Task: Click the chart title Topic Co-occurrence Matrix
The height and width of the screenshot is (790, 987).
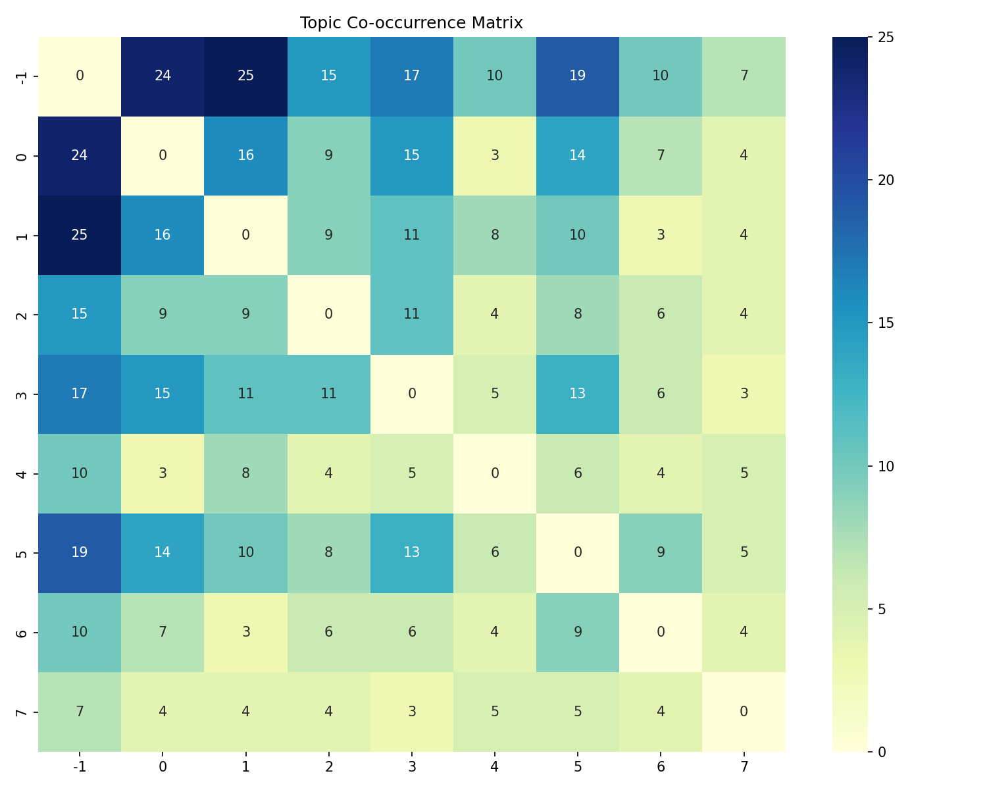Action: point(411,23)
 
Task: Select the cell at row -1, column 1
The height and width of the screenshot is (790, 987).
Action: point(245,76)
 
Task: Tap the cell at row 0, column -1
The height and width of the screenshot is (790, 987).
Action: point(80,156)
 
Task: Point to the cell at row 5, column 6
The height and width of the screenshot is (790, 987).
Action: point(661,553)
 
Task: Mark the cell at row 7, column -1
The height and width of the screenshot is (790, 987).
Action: point(80,712)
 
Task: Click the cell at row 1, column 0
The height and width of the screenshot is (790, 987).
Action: point(163,235)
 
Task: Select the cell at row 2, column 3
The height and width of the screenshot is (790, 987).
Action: point(412,315)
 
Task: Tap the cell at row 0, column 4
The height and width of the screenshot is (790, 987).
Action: point(495,156)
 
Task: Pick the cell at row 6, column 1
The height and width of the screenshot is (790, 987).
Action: point(245,633)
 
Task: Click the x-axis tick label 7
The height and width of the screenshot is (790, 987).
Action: point(744,767)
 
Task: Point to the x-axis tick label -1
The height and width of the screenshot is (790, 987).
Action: point(80,767)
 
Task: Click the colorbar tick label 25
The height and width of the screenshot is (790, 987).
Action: point(886,38)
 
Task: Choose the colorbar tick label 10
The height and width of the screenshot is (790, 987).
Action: point(886,466)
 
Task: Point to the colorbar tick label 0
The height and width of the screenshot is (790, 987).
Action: point(882,752)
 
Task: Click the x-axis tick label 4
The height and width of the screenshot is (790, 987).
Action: point(495,767)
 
